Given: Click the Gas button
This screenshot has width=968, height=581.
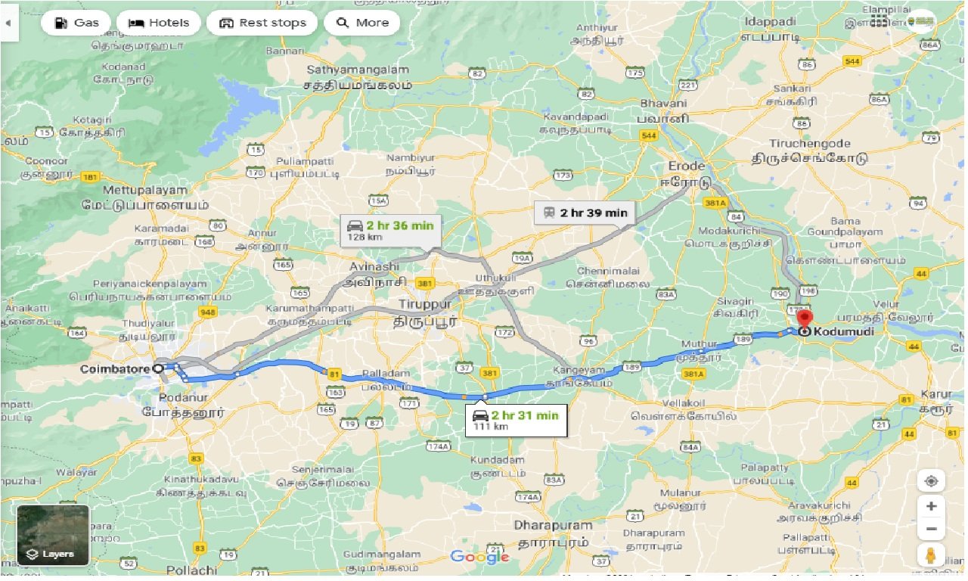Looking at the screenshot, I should pos(75,23).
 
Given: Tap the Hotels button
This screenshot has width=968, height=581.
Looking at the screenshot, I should pos(159,23).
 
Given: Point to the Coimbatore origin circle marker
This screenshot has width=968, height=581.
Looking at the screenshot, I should pos(158,368).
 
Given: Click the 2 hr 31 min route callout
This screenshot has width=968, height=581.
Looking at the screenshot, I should pos(516,420).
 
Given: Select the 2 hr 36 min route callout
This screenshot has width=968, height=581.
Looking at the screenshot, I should pos(391,230).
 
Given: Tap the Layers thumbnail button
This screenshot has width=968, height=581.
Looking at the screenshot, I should pos(53,535).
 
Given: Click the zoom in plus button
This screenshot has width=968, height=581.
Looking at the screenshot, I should pos(931,506).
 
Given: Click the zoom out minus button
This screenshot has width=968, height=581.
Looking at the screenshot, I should pos(931,529).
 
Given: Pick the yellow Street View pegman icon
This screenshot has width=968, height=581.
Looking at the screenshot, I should pos(931,555).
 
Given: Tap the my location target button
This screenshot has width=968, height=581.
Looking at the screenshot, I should pos(931,481).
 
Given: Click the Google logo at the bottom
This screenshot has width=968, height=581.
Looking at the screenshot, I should pos(479,558).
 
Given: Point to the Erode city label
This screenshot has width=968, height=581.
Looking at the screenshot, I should pos(686,166).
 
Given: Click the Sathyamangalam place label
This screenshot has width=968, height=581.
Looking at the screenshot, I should pos(358,70).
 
